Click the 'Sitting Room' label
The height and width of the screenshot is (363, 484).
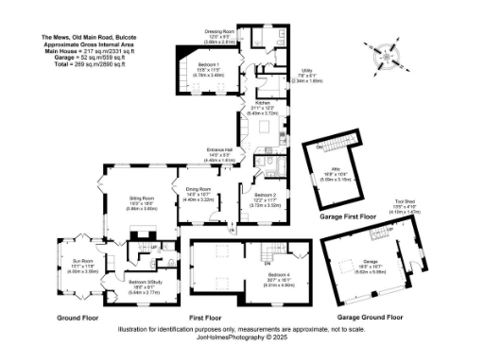(x=143, y=199)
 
